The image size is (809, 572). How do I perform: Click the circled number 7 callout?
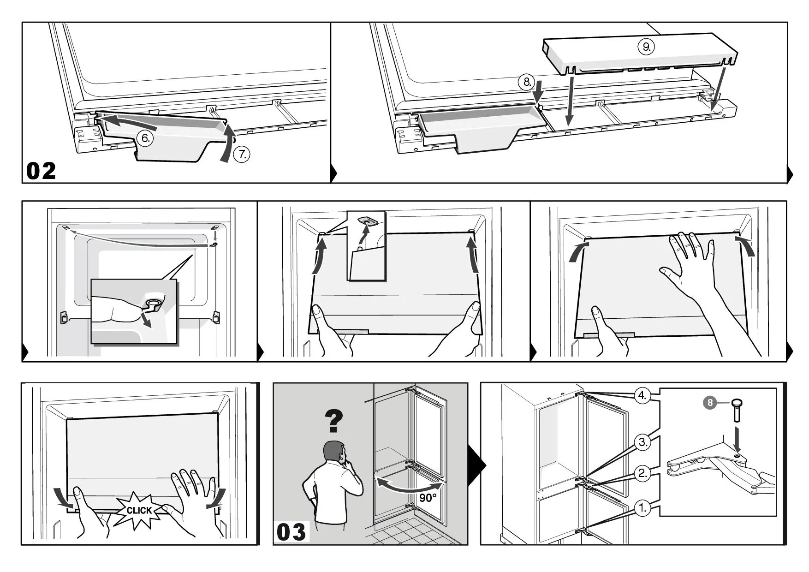tap(241, 155)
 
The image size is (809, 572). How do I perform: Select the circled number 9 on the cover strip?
tap(646, 47)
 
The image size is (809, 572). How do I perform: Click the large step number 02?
tap(41, 171)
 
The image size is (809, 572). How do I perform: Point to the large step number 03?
tap(291, 532)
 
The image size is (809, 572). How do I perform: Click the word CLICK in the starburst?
tap(139, 510)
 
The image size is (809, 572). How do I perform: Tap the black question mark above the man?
tap(334, 421)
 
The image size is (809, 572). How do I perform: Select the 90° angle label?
tap(428, 498)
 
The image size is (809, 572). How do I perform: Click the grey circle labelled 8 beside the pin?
tap(710, 403)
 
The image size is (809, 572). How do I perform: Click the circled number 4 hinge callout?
tap(643, 396)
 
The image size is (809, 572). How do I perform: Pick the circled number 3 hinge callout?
tap(643, 442)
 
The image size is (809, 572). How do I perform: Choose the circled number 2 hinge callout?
tap(643, 473)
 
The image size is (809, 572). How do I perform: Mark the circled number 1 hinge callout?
tap(643, 508)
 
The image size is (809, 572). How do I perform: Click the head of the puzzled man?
tap(334, 453)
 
